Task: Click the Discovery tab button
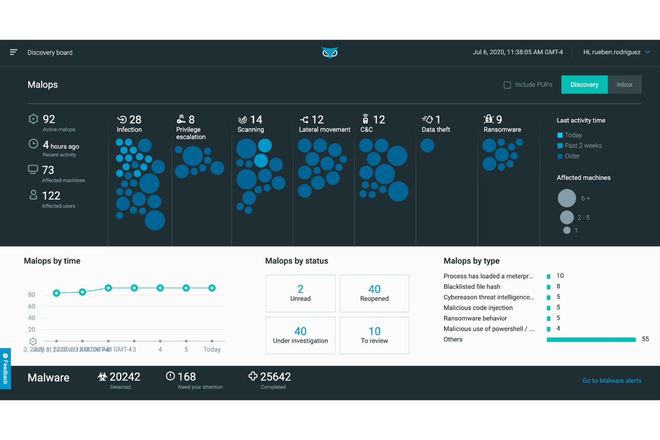click(x=584, y=85)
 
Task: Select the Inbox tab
click(x=624, y=85)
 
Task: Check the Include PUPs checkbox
click(x=507, y=85)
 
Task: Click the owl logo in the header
click(x=330, y=53)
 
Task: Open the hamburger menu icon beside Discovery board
click(x=14, y=52)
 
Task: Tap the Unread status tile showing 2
click(x=300, y=293)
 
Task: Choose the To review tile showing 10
click(x=374, y=336)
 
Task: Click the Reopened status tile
click(x=374, y=293)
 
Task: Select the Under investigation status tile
click(x=300, y=336)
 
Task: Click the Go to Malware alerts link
click(x=611, y=381)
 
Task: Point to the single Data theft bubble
click(x=427, y=145)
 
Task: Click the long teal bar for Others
click(x=591, y=340)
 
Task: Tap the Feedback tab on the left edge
click(x=5, y=369)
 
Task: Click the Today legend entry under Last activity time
click(x=573, y=135)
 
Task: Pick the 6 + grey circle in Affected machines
click(x=567, y=198)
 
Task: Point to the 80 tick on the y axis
click(x=32, y=295)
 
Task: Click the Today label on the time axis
click(x=212, y=350)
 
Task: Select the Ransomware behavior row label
click(x=475, y=318)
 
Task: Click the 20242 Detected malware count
click(x=124, y=377)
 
